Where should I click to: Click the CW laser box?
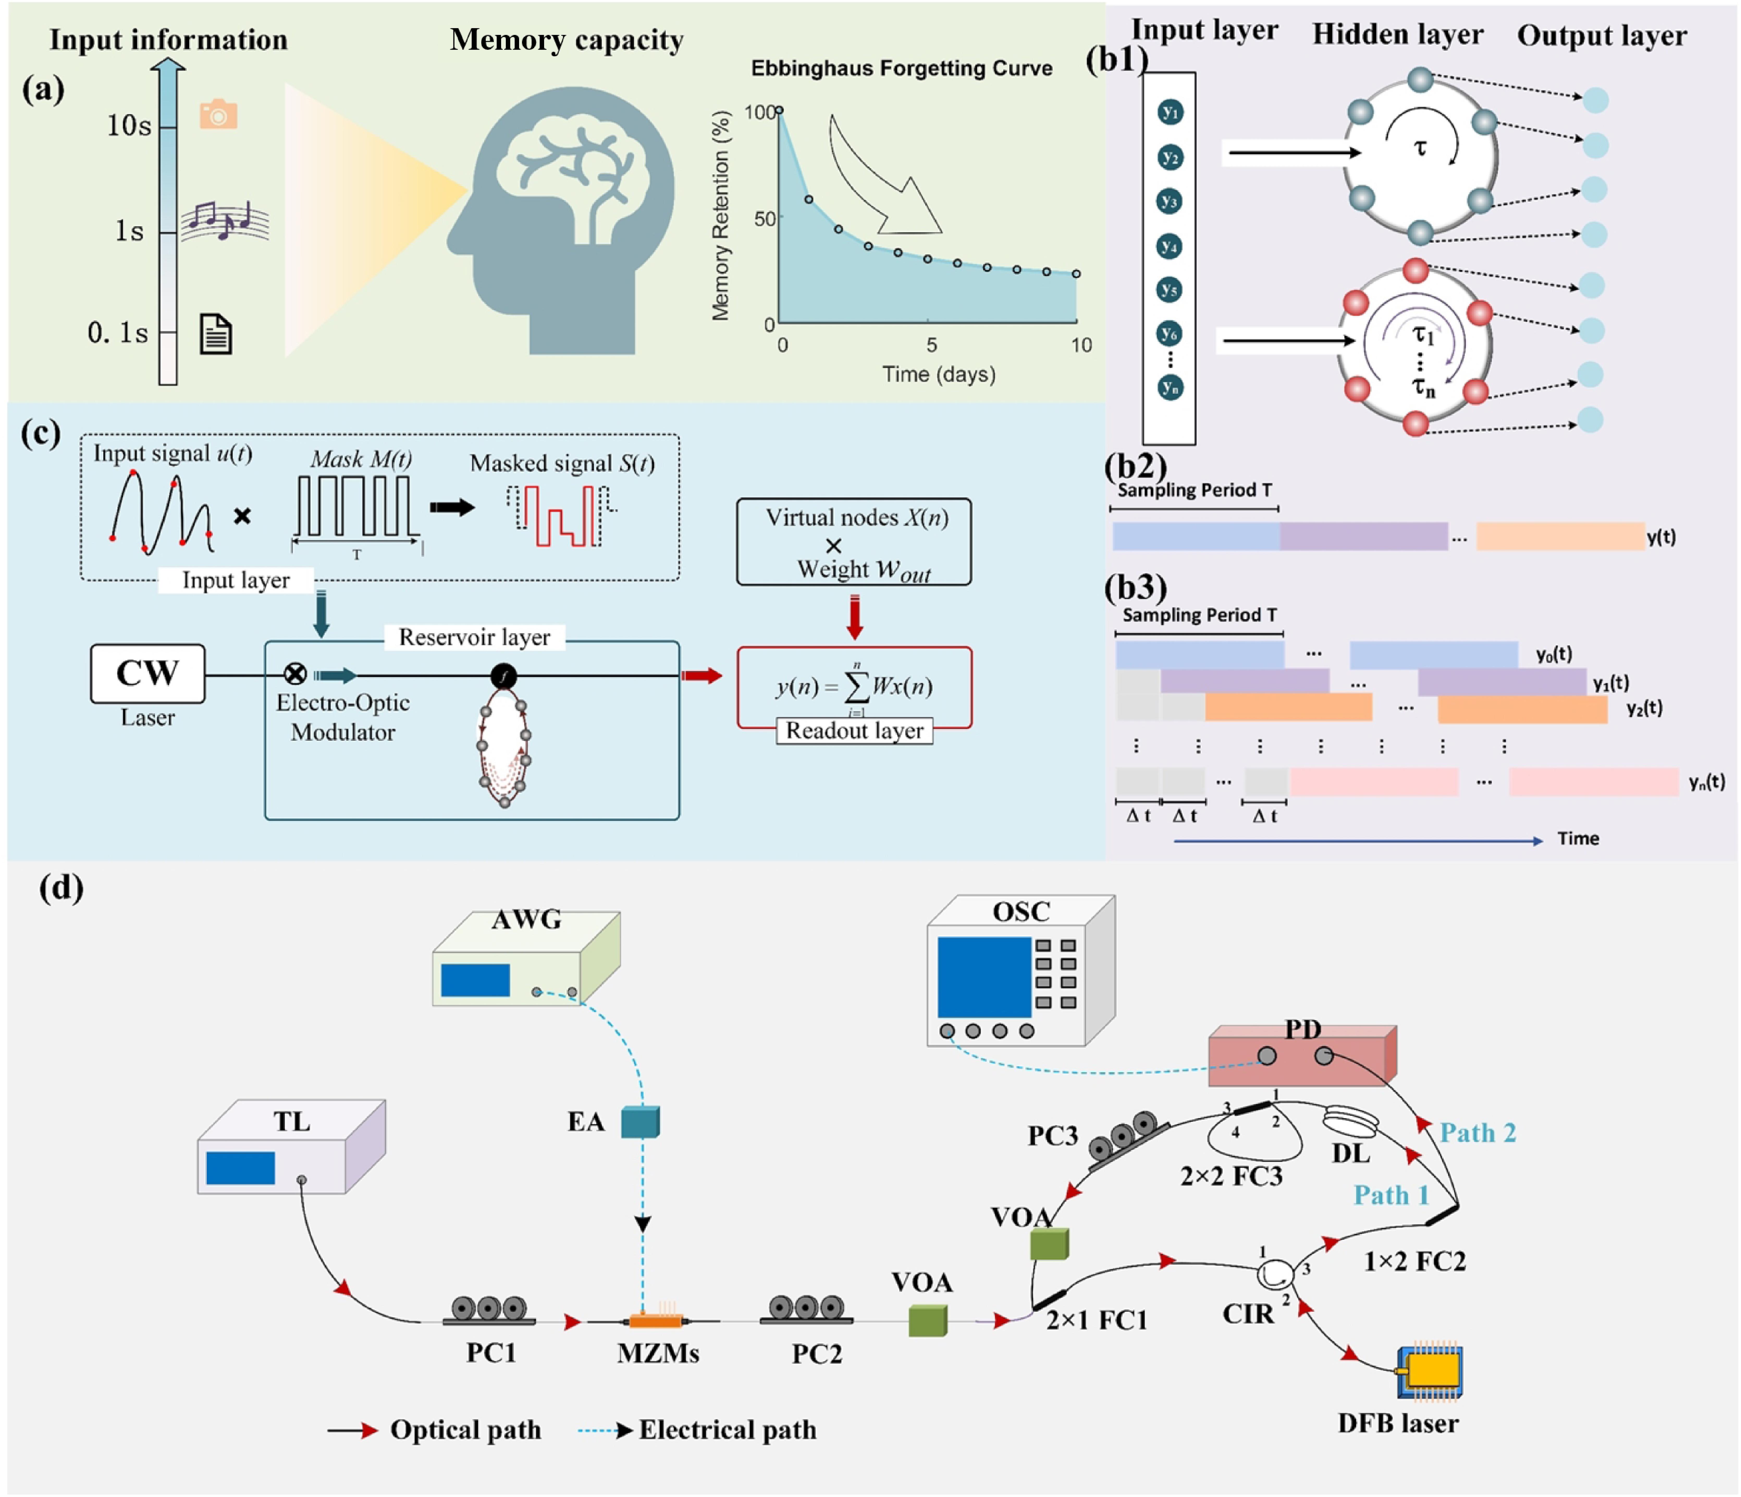tap(148, 673)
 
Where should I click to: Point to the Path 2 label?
tap(1478, 1133)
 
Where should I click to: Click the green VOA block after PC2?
tap(928, 1321)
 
